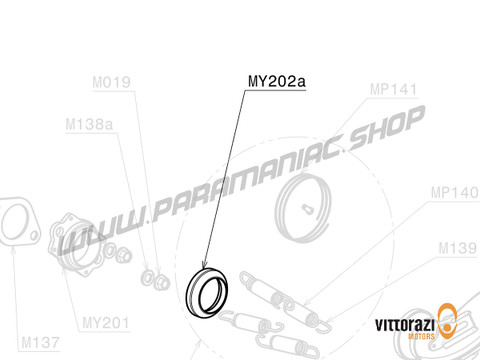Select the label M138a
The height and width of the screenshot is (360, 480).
(89, 125)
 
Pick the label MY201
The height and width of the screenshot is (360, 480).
(105, 323)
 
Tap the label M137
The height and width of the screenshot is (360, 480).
(41, 341)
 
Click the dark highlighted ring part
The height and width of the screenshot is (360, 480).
(210, 290)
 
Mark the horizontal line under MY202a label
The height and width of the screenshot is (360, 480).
(275, 88)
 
